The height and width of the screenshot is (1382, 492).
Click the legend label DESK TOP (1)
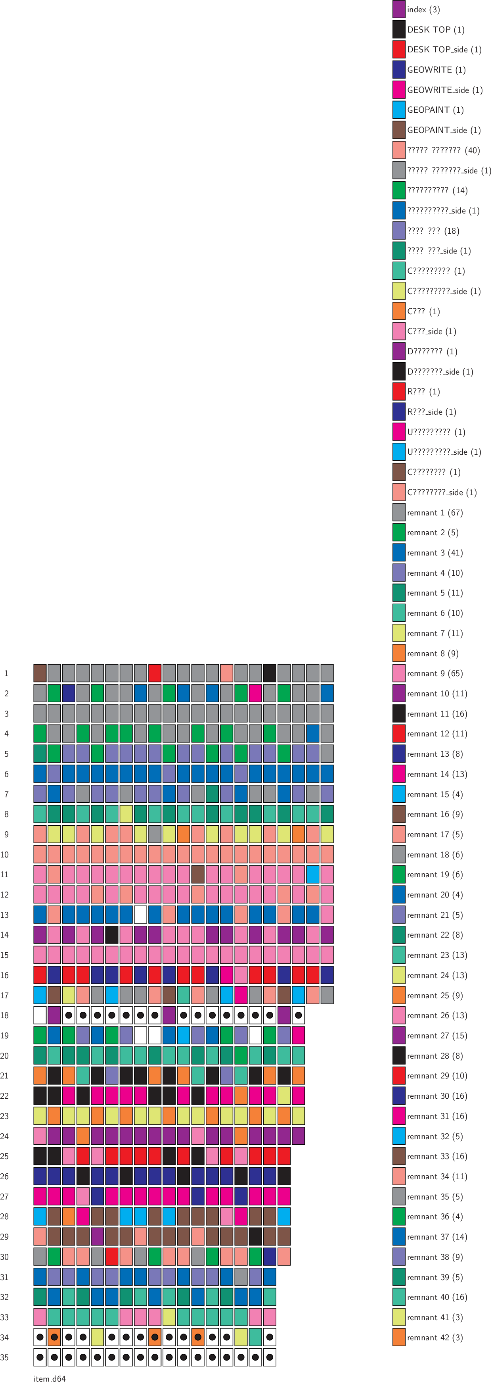[435, 29]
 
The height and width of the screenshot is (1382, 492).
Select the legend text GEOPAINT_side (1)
[444, 130]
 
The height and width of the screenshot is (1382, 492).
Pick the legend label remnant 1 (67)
[435, 512]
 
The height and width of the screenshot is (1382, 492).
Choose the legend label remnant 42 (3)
[435, 1338]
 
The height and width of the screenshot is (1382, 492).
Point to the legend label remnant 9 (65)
[435, 673]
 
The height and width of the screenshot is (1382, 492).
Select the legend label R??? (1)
[423, 392]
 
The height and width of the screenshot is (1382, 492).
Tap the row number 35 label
[5, 1357]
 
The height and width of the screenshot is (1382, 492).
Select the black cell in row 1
[270, 673]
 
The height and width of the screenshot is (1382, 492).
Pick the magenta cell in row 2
[255, 693]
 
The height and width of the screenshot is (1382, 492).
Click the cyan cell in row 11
[312, 875]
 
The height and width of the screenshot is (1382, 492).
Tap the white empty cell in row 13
[140, 914]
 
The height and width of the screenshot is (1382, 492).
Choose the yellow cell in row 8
[126, 814]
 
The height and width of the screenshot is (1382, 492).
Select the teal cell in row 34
[255, 1337]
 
